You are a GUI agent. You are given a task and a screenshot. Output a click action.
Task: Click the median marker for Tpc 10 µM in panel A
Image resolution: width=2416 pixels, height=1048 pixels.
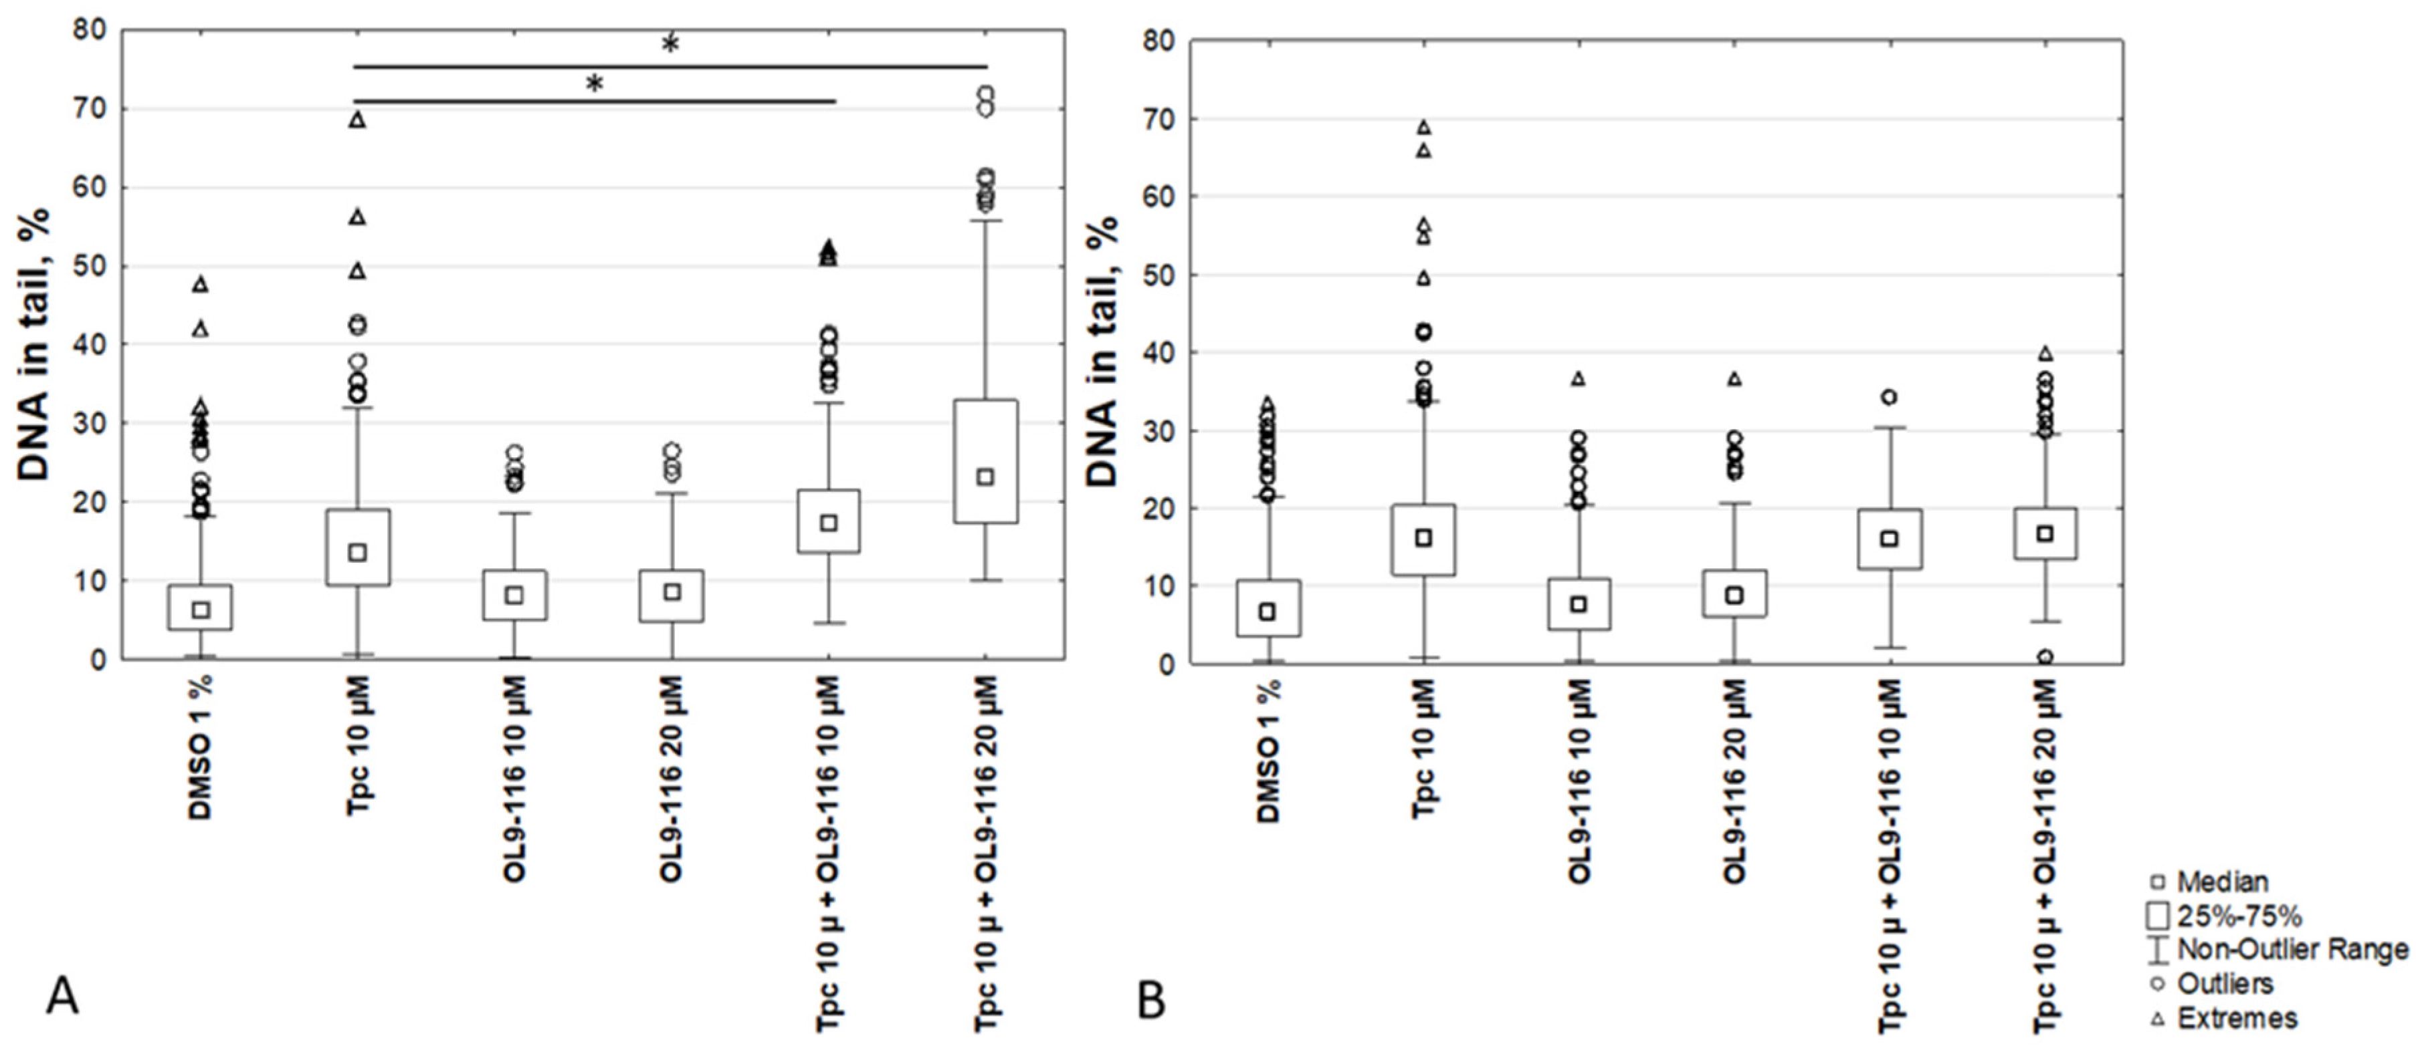(357, 553)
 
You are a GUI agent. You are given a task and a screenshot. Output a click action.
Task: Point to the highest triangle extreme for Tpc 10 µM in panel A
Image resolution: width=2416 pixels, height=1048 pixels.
(357, 119)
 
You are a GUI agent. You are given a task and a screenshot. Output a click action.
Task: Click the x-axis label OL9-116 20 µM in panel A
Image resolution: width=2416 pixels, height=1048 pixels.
(672, 780)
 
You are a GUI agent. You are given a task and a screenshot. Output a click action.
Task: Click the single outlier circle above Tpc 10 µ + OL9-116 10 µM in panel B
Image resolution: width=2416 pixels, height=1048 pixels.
(1889, 398)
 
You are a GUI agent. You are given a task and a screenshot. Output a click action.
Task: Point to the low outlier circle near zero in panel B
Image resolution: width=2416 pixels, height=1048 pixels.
(2045, 657)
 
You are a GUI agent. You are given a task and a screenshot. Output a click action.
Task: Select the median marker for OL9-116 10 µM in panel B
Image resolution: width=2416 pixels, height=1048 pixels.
(1579, 605)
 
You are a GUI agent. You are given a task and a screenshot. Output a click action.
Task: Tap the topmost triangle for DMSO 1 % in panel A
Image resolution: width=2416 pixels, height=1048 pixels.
(200, 284)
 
